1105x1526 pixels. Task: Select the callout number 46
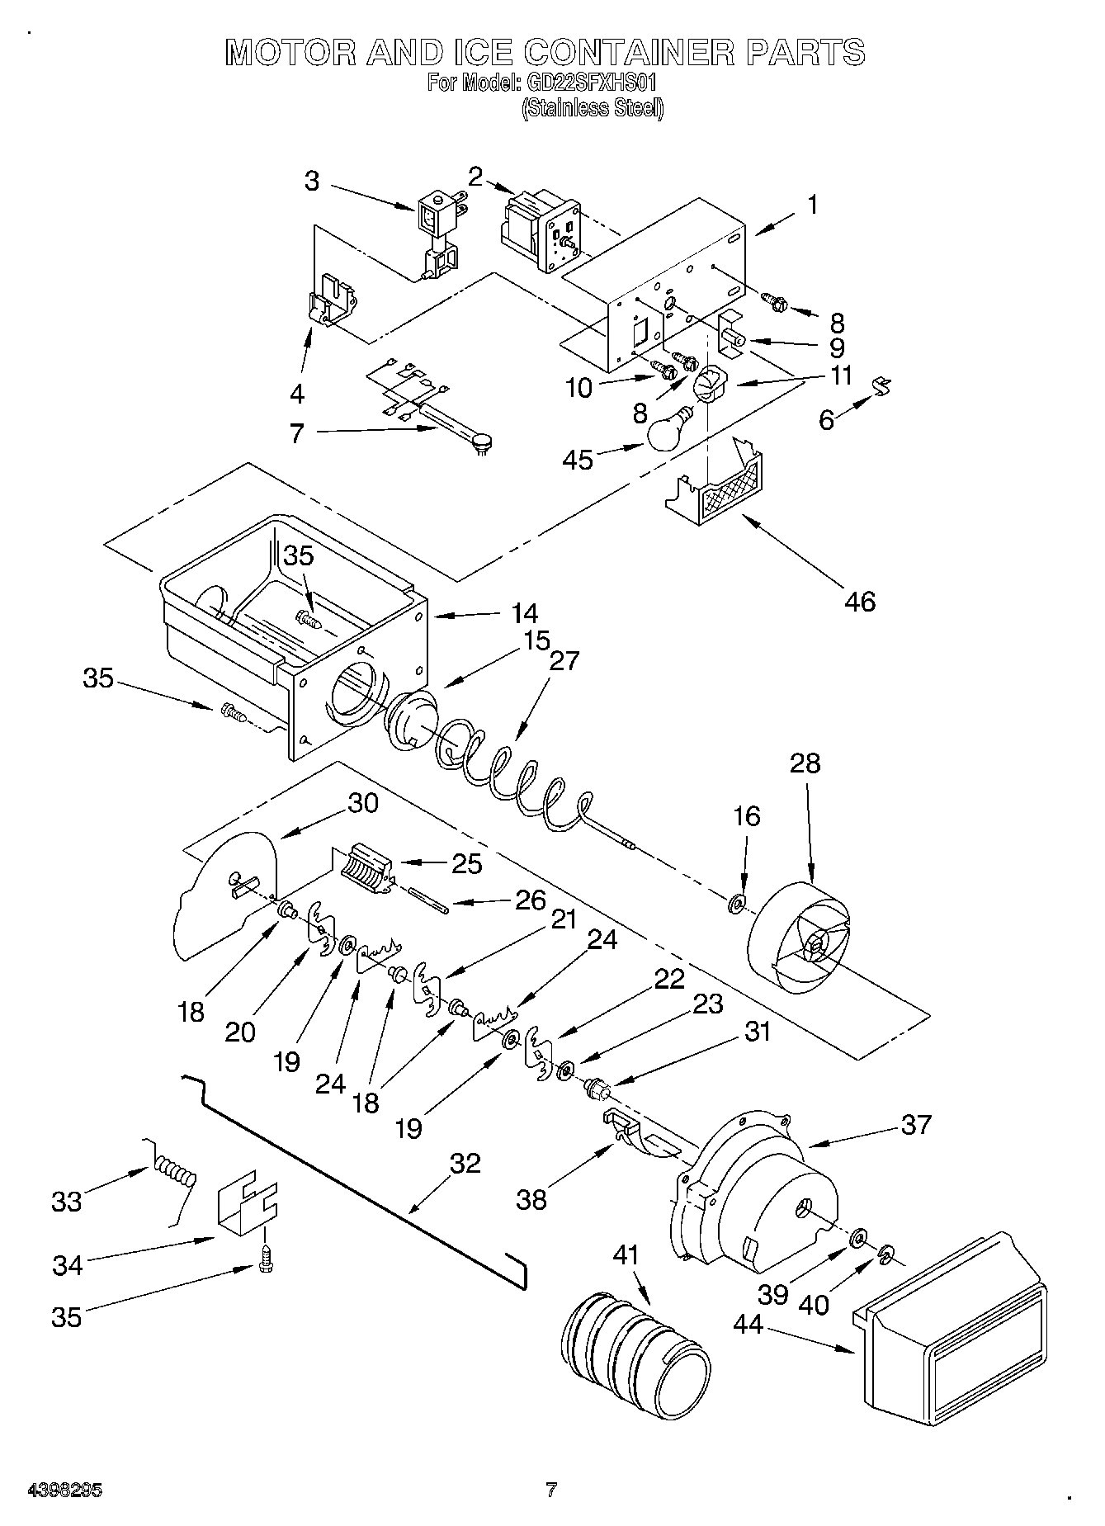(859, 601)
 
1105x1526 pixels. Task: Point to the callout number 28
(805, 763)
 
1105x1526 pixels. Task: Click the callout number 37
(916, 1124)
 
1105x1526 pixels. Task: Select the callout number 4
(297, 394)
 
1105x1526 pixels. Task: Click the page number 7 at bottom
(550, 1491)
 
